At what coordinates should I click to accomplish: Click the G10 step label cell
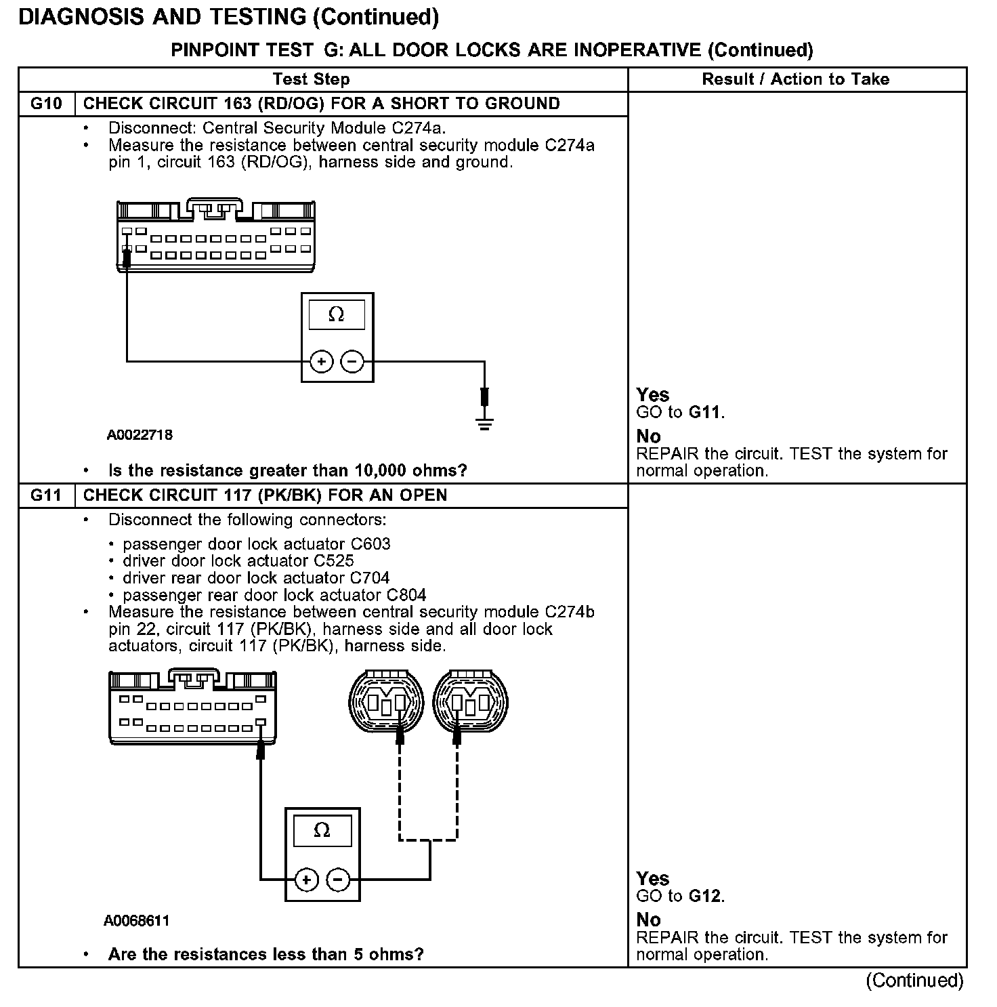click(x=46, y=104)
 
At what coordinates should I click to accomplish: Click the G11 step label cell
click(x=46, y=495)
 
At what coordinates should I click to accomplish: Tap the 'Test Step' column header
click(x=311, y=79)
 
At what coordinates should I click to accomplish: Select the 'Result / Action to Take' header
click(x=796, y=79)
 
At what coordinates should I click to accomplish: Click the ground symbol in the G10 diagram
click(x=484, y=424)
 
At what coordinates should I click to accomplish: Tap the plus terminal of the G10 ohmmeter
click(x=321, y=362)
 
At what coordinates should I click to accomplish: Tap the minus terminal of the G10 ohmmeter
click(x=352, y=362)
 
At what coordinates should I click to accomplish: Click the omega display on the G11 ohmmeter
click(x=322, y=831)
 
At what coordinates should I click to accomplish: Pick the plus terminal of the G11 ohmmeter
click(x=307, y=880)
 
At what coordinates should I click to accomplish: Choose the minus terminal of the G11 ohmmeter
click(x=338, y=880)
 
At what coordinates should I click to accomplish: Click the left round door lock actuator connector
click(x=385, y=703)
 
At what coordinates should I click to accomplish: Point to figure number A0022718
click(x=140, y=435)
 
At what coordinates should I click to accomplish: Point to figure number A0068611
click(x=137, y=921)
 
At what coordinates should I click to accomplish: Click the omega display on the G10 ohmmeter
click(x=337, y=315)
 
